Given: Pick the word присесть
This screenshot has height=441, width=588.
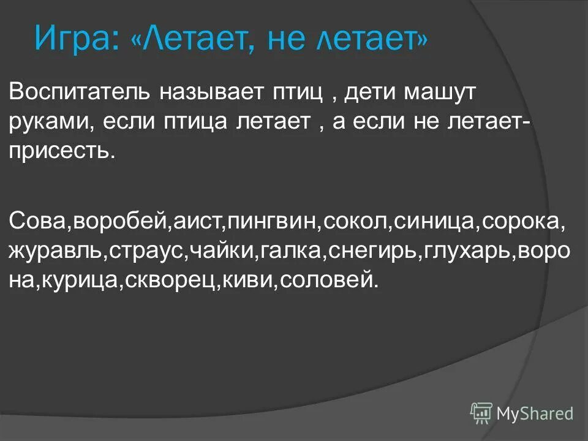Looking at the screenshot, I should click(x=61, y=149).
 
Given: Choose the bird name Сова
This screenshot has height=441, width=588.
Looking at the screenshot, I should click(x=40, y=220).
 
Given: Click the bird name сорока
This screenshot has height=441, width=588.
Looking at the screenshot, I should click(x=520, y=220).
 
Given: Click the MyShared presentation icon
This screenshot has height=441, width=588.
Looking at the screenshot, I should click(x=481, y=413).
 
